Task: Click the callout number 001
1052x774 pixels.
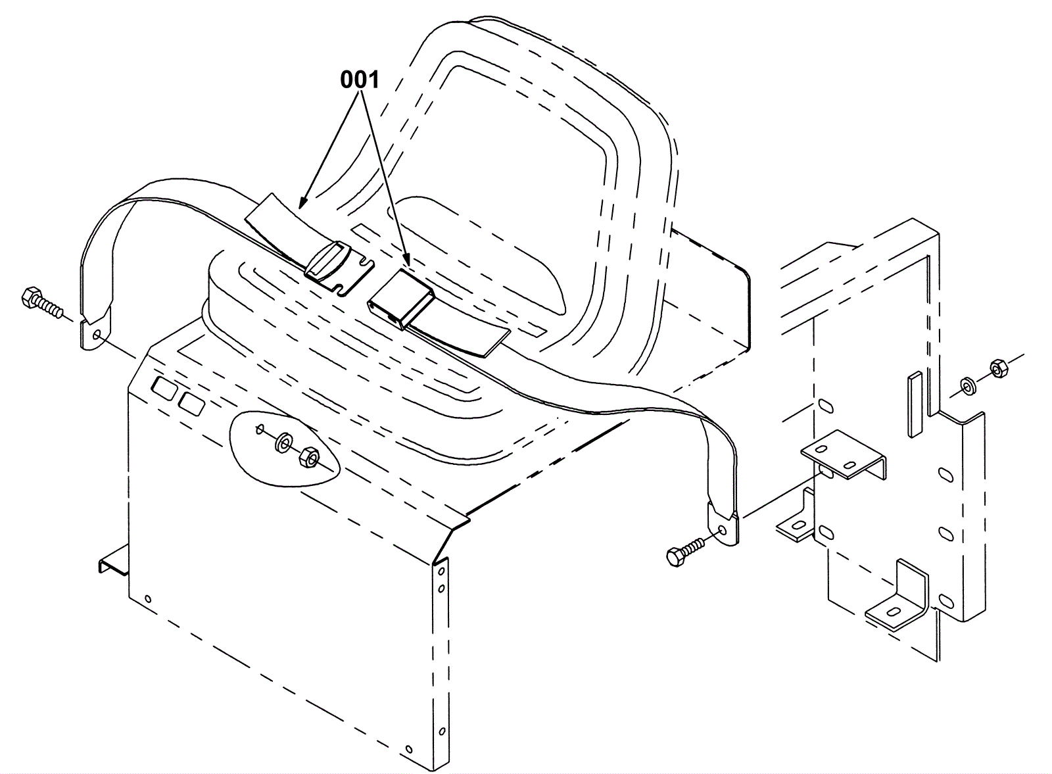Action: (360, 80)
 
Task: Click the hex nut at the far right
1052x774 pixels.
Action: (997, 370)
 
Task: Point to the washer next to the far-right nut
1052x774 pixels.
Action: (968, 385)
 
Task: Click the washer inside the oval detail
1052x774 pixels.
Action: (284, 442)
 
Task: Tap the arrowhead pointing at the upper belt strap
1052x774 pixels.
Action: (302, 203)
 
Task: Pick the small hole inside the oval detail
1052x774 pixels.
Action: (260, 429)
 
